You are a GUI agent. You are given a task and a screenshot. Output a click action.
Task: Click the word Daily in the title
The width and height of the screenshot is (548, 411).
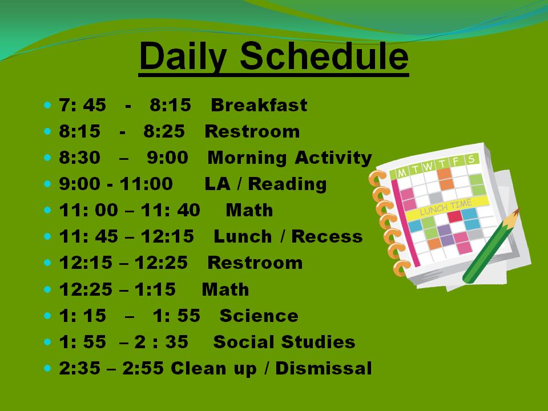[x=183, y=57]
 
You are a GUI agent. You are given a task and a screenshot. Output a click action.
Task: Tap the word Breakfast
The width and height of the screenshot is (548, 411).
[x=259, y=105]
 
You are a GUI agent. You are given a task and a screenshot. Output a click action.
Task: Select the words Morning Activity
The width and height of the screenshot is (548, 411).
[x=290, y=158]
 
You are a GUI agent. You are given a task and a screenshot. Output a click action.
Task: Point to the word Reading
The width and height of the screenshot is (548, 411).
[x=287, y=184]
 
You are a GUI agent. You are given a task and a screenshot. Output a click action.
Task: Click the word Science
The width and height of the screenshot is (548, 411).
[x=259, y=316]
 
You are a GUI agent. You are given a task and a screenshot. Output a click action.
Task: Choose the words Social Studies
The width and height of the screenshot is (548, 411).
[x=284, y=342]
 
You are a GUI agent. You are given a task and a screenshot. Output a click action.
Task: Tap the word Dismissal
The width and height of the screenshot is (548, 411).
[x=324, y=368]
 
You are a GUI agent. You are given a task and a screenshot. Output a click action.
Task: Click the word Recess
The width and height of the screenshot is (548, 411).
[x=327, y=236]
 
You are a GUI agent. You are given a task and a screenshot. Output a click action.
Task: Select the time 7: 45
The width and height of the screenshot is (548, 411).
[x=82, y=105]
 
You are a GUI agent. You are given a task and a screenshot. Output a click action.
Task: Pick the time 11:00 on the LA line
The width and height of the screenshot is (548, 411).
[x=146, y=184]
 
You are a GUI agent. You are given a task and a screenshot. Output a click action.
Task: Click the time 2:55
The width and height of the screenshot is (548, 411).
[x=143, y=368]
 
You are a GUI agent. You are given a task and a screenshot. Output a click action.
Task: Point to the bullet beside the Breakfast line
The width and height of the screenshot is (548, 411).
[x=48, y=105]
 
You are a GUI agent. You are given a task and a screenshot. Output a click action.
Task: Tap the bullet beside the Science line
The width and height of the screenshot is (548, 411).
[x=48, y=316]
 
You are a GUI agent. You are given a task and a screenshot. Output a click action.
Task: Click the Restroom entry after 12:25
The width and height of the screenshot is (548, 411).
[x=255, y=263]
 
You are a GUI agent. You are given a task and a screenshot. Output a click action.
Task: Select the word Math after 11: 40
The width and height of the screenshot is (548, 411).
[x=249, y=210]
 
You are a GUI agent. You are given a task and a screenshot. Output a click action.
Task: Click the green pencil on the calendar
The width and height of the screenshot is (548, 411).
[x=491, y=245]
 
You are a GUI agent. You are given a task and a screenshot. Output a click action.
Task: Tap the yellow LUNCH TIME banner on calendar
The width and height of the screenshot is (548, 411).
[x=446, y=208]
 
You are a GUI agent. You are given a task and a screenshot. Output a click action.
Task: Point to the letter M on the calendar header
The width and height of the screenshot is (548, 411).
[x=402, y=172]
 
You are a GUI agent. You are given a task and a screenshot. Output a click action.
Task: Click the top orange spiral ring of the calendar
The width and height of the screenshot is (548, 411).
[x=377, y=178]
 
